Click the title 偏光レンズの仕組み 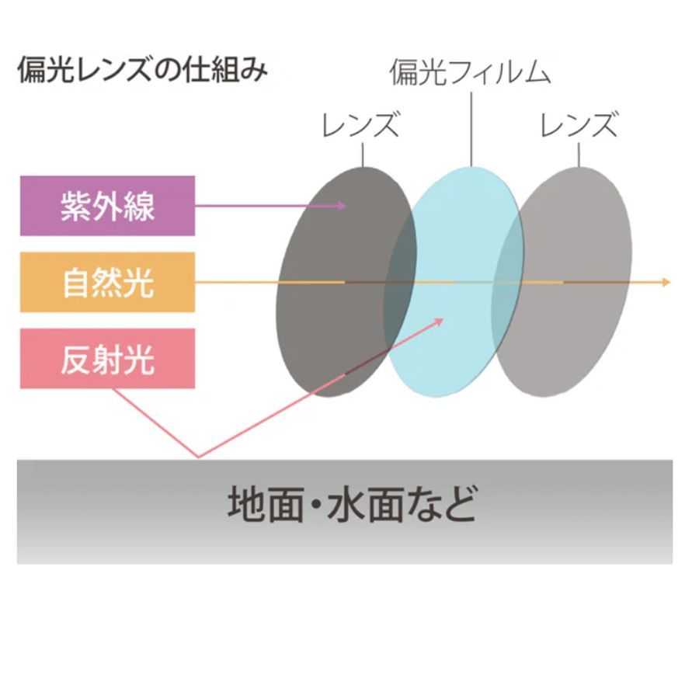click(143, 70)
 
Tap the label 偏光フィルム click(471, 72)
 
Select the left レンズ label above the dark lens click(360, 124)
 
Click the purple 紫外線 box click(107, 206)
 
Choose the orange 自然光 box click(107, 282)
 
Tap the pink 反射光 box click(107, 358)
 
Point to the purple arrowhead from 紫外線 click(342, 206)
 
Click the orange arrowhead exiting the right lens click(666, 282)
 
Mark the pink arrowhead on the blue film click(438, 322)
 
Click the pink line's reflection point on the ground click(199, 457)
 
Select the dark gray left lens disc click(346, 282)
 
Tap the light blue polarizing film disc click(454, 282)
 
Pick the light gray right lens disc click(562, 282)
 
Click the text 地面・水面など click(352, 505)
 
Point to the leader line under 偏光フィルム click(471, 129)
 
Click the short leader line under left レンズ click(363, 155)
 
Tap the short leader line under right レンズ click(579, 155)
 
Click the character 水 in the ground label click(347, 504)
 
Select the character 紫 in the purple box click(76, 206)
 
